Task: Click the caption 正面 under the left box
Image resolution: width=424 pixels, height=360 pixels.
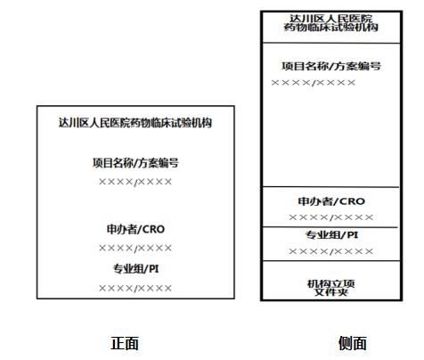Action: [125, 343]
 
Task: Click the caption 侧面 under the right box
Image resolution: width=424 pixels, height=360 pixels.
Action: [353, 343]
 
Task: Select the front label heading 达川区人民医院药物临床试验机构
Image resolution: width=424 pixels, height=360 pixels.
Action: [135, 123]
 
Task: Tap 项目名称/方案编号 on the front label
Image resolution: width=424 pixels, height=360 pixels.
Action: [135, 163]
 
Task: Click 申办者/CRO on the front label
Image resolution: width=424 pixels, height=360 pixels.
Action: [135, 229]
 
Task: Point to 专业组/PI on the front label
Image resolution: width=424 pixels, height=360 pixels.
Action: [135, 269]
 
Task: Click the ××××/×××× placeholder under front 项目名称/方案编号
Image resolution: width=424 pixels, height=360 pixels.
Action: [135, 182]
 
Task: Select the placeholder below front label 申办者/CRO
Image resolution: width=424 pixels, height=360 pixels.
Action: [135, 248]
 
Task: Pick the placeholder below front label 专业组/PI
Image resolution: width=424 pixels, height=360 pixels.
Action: [135, 288]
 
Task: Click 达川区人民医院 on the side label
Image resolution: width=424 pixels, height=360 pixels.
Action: [331, 19]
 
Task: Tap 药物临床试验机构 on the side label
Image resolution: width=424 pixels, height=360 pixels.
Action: [331, 28]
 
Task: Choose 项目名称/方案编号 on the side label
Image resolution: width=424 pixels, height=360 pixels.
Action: [331, 66]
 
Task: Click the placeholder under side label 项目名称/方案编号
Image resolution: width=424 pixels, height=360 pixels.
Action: [314, 83]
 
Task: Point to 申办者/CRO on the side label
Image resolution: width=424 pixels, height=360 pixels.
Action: [331, 201]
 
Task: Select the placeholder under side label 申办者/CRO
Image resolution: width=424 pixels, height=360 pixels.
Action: [331, 217]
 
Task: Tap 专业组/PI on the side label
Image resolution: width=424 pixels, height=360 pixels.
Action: [331, 235]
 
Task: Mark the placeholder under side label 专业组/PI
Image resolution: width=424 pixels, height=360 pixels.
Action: [331, 251]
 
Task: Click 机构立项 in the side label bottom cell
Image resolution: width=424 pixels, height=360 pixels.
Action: [331, 283]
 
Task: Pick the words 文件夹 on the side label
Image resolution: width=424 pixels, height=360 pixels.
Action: [331, 292]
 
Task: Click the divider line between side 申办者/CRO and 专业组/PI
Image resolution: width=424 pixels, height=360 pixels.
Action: [330, 227]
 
